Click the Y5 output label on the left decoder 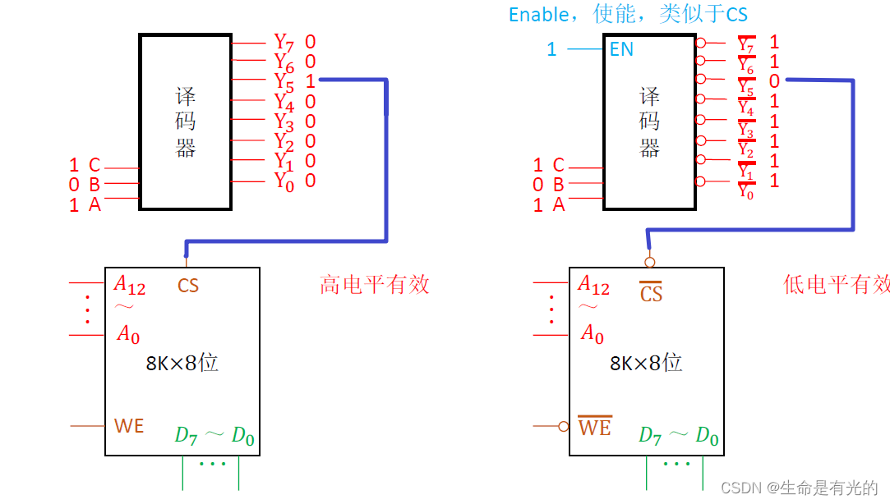coord(284,82)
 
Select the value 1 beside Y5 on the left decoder coord(310,81)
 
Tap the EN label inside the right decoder coord(621,49)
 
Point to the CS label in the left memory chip coord(188,286)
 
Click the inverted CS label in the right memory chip coord(651,292)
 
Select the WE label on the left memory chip coord(128,426)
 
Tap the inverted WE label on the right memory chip coord(594,427)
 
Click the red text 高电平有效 coord(374,285)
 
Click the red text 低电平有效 coord(837,285)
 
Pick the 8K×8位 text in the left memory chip coord(182,363)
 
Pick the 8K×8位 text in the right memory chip coord(646,363)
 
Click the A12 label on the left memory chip coord(129,285)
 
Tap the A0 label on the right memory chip coord(592,333)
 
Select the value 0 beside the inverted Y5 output coord(774,81)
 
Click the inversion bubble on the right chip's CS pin coord(649,262)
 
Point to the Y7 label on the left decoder coord(284,42)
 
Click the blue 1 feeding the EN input coord(551,49)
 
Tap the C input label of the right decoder coord(559,165)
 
